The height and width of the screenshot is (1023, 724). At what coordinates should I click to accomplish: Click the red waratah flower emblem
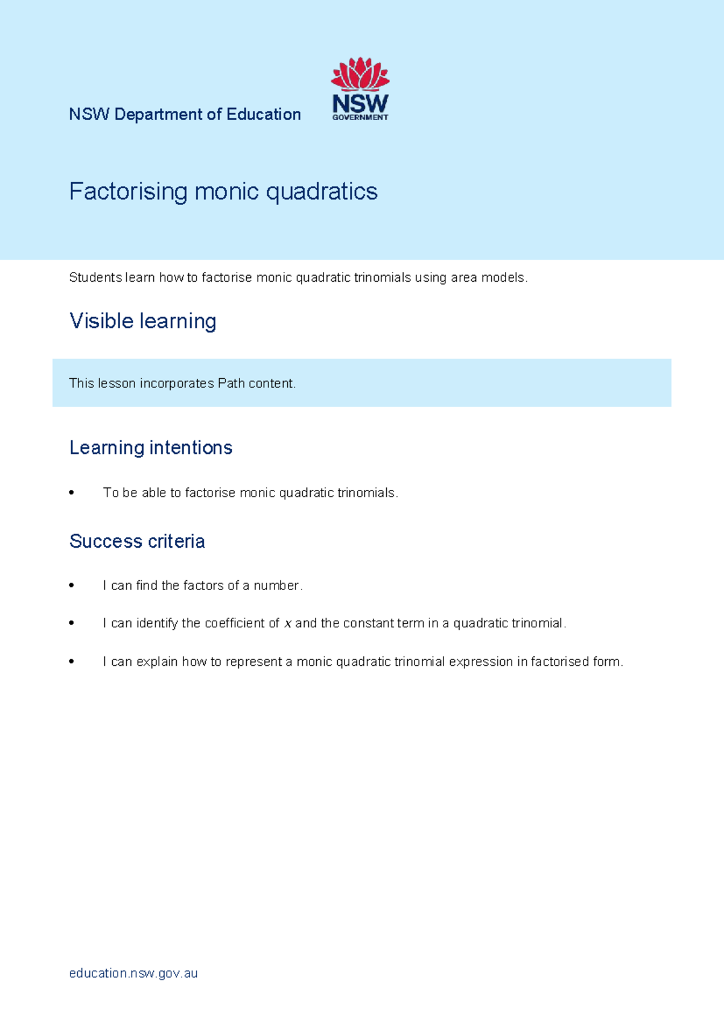pos(360,75)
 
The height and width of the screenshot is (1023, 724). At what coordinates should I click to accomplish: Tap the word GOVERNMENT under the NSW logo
pos(360,118)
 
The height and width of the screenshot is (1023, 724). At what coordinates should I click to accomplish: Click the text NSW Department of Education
pos(185,115)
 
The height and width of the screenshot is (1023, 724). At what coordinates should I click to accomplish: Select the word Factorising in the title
pos(128,192)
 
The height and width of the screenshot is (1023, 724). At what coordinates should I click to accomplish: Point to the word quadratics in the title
pos(322,192)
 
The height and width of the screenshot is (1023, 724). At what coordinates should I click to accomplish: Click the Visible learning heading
pos(142,321)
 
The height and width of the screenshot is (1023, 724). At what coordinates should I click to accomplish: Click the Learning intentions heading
pos(151,448)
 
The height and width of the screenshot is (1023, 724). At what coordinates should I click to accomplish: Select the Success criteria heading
pos(137,541)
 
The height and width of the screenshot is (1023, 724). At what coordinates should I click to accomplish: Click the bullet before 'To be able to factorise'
pos(72,493)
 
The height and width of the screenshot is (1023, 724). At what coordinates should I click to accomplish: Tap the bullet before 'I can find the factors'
pos(72,586)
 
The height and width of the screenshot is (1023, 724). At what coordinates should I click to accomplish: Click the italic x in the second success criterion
pos(288,624)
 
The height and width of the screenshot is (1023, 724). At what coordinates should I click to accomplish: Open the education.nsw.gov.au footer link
pos(133,973)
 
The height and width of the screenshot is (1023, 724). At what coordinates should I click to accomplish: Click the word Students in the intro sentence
pos(95,277)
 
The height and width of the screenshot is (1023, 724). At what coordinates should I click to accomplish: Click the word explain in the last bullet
pos(157,662)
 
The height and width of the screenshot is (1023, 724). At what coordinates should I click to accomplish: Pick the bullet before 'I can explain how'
pos(72,662)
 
